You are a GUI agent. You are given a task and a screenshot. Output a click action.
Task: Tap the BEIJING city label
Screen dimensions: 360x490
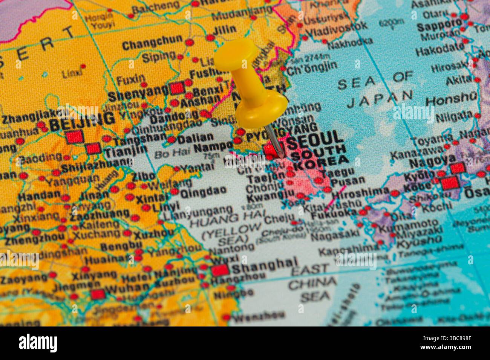click(x=82, y=120)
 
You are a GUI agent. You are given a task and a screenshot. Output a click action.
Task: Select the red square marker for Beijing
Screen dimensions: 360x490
click(x=74, y=136)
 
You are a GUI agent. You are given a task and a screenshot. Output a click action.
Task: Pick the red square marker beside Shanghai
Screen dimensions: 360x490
click(x=220, y=270)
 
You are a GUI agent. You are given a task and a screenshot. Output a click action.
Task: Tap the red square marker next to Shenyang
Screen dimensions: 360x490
click(x=176, y=89)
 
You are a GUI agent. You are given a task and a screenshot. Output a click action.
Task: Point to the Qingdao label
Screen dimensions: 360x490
click(x=203, y=192)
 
